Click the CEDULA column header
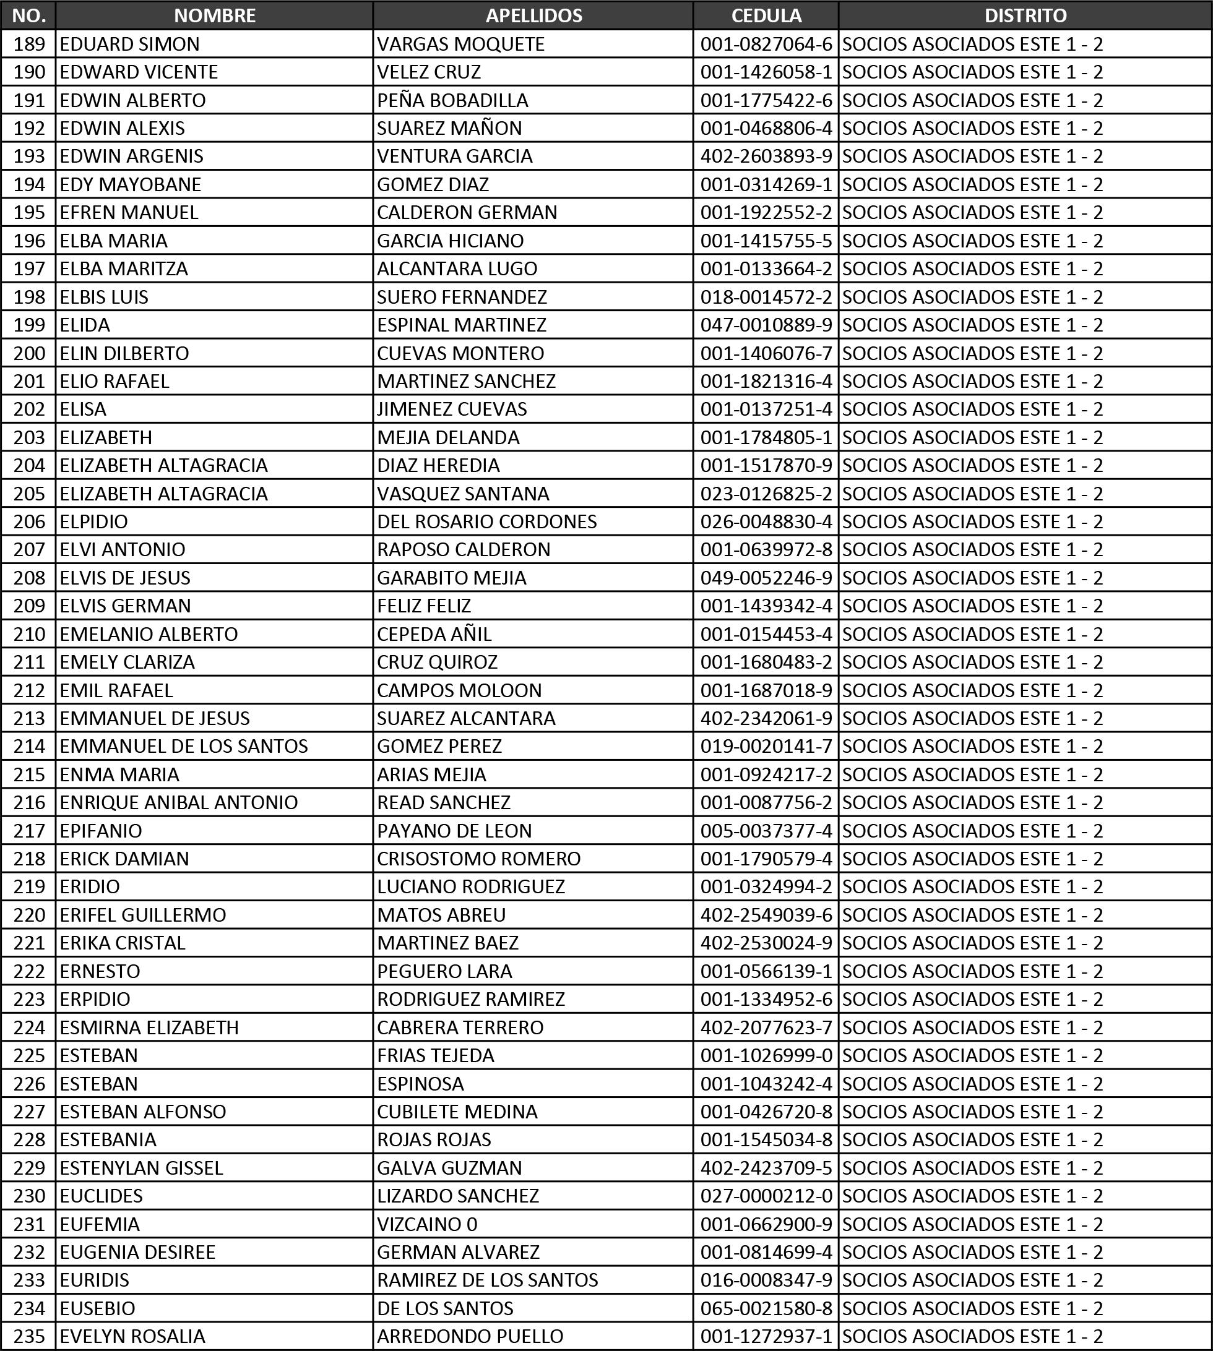point(766,15)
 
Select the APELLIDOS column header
point(533,15)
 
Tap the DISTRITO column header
point(1025,15)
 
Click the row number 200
point(29,353)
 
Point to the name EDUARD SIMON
point(130,44)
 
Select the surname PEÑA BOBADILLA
point(452,101)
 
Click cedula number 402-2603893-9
point(766,156)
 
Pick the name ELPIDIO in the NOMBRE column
point(94,521)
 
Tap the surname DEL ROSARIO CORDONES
point(486,521)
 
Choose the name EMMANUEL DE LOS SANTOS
point(184,746)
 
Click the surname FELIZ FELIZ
point(424,606)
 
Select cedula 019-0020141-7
point(766,746)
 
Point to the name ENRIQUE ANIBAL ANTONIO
point(179,802)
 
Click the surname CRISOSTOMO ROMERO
point(478,859)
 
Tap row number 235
point(29,1336)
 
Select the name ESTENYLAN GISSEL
point(141,1168)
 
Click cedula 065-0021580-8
point(766,1308)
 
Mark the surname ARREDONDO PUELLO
point(470,1336)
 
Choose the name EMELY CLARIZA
point(127,662)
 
